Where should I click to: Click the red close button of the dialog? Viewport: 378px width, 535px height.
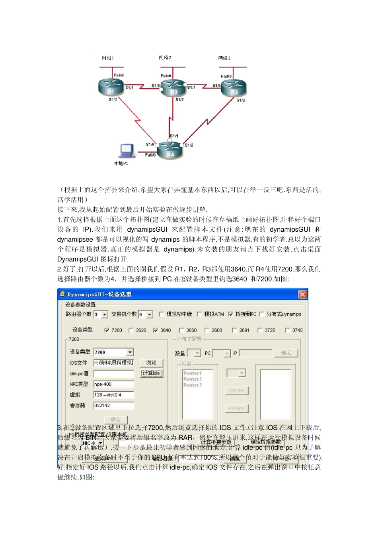pos(302,295)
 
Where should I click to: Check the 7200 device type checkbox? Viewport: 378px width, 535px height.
pos(107,330)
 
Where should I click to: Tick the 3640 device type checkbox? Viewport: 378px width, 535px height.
pos(156,330)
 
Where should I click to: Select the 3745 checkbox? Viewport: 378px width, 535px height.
pos(287,330)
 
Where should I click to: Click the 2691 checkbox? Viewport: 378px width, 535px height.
pos(235,330)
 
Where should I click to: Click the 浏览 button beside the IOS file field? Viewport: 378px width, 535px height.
pos(151,363)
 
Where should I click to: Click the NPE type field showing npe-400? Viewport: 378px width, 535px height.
pos(114,384)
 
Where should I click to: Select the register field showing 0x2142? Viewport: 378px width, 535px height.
pos(114,406)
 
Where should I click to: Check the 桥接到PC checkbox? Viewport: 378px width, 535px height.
pos(231,314)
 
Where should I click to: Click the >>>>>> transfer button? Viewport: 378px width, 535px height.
pos(237,391)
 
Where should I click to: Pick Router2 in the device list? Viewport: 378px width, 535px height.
pos(193,379)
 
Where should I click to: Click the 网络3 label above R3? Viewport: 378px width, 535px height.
pos(224,58)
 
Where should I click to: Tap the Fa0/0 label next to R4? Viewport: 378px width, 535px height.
pos(150,155)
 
